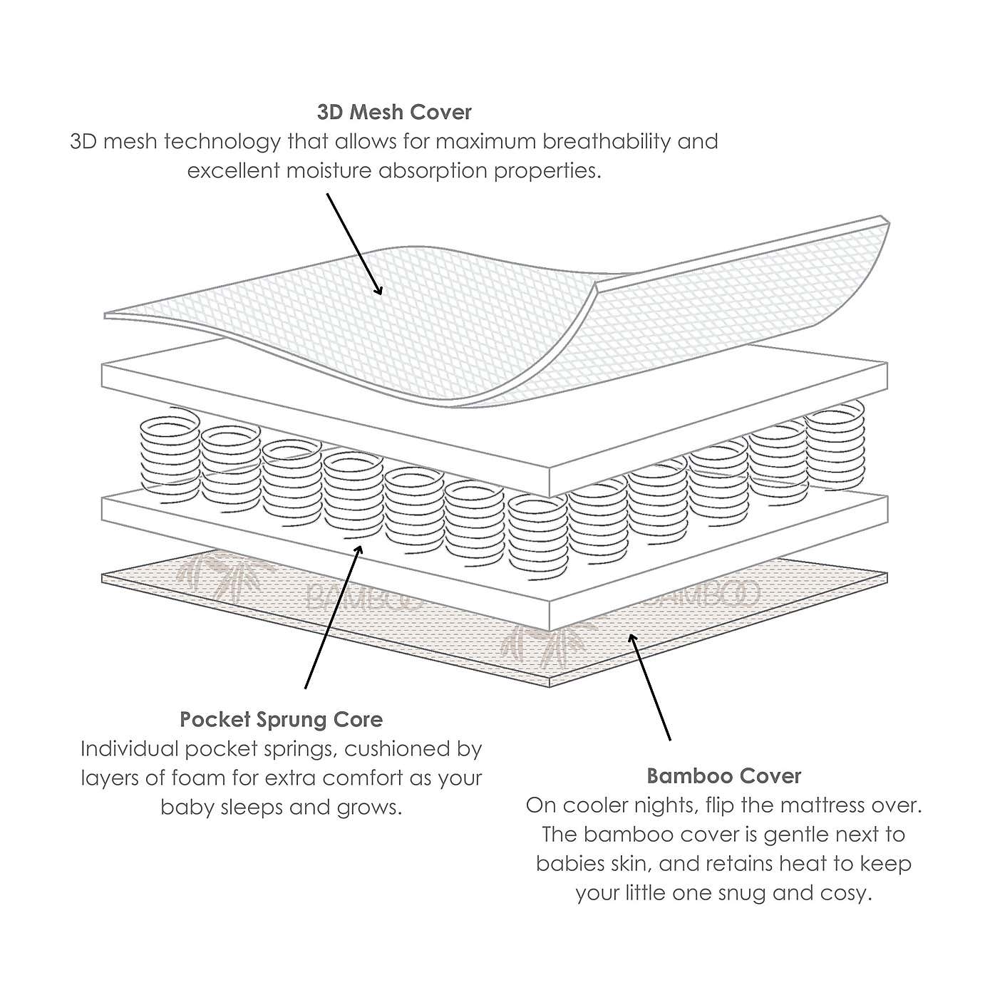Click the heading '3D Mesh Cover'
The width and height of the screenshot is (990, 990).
(394, 112)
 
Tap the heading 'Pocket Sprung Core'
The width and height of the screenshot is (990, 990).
(281, 719)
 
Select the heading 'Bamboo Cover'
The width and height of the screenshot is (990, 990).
(723, 775)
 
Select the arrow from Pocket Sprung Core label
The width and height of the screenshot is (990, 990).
(332, 617)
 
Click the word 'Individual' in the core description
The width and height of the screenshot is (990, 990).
(130, 748)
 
